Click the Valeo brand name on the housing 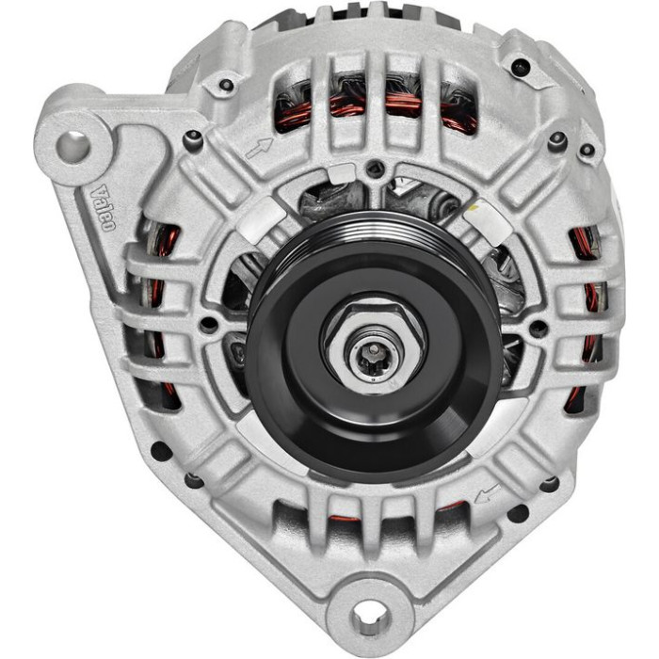tap(103, 208)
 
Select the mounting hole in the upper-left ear tap(73, 148)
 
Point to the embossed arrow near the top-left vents tap(259, 149)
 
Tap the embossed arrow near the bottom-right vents tap(488, 493)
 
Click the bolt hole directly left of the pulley tap(209, 324)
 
